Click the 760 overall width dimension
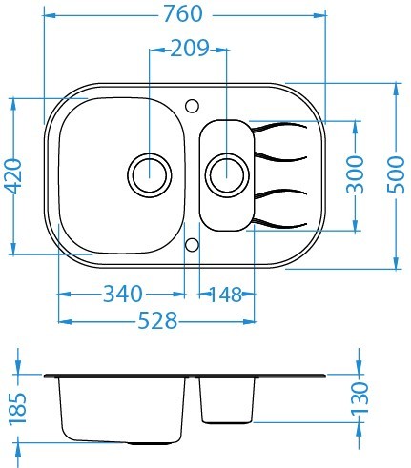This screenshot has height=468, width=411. coord(183,14)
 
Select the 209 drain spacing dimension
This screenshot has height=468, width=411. coord(190,49)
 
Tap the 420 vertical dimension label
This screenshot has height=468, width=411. coord(14,176)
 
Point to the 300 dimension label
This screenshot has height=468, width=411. coord(355,174)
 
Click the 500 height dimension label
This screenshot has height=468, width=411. coord(397,174)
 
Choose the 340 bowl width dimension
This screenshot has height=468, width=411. coord(123,294)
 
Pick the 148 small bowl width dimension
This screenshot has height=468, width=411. coord(226,295)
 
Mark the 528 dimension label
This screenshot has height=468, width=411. coord(157,320)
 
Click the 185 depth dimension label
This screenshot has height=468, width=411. coord(17,409)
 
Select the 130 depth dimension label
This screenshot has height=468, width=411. coord(360,398)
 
